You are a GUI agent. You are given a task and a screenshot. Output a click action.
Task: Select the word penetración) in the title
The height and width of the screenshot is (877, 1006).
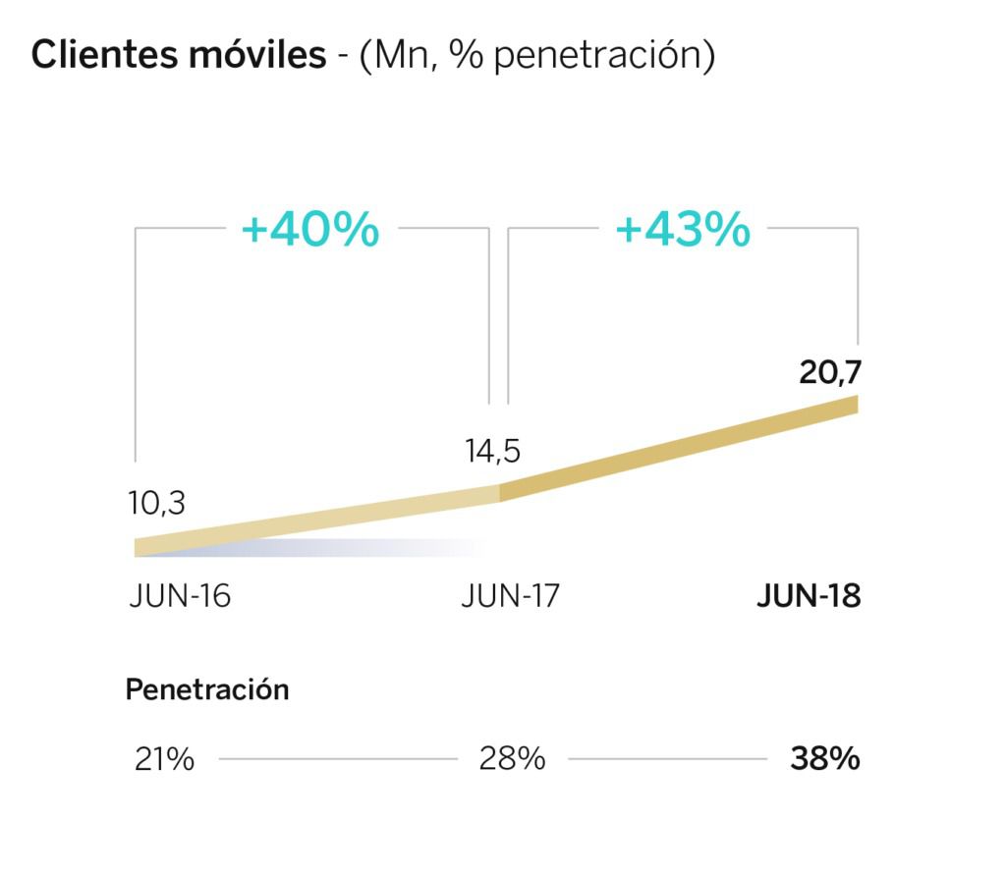(603, 56)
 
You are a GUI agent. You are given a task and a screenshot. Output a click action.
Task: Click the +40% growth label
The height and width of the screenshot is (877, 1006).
(310, 230)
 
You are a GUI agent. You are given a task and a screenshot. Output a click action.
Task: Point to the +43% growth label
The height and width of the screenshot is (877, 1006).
(683, 230)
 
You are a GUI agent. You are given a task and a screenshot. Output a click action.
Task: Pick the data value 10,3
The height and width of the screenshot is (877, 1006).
(156, 503)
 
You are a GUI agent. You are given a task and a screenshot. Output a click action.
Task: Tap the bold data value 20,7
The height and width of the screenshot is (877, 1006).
(829, 374)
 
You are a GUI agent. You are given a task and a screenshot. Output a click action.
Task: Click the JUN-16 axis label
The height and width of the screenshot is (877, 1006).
(180, 596)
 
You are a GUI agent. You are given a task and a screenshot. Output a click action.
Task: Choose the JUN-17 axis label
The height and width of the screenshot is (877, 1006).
(509, 596)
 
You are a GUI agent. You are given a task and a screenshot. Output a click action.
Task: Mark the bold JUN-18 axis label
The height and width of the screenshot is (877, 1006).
(809, 596)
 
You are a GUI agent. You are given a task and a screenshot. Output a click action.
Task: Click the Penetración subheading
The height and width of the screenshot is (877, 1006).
(207, 689)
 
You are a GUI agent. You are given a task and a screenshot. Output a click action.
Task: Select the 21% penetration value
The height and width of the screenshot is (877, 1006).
(164, 759)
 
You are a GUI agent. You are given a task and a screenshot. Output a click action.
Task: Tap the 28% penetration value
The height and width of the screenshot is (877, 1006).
(512, 759)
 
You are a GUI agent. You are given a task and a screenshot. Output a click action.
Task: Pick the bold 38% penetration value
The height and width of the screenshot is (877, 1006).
(825, 759)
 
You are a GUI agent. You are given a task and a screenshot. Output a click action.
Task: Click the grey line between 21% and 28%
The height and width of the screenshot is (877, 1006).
(338, 759)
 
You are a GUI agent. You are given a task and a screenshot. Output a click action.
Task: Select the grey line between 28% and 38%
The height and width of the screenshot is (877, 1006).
(667, 759)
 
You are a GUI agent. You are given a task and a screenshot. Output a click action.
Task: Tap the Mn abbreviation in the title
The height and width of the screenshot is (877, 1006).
(401, 56)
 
